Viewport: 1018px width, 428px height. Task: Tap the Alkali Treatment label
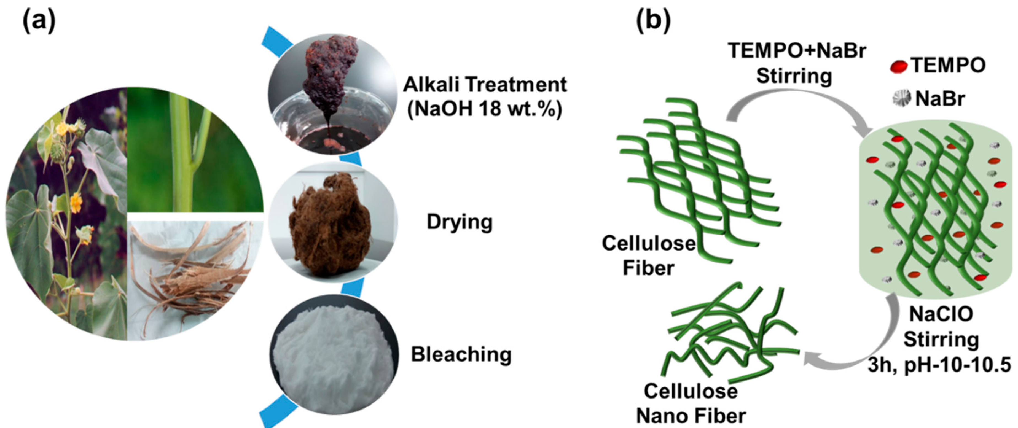(485, 85)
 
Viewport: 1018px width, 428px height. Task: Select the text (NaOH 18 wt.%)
(485, 109)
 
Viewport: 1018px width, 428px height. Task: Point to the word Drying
(460, 222)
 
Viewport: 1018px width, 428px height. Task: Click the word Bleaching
(461, 354)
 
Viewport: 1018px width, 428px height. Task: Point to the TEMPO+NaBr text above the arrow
(797, 51)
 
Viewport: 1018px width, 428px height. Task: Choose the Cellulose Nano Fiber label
(691, 403)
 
